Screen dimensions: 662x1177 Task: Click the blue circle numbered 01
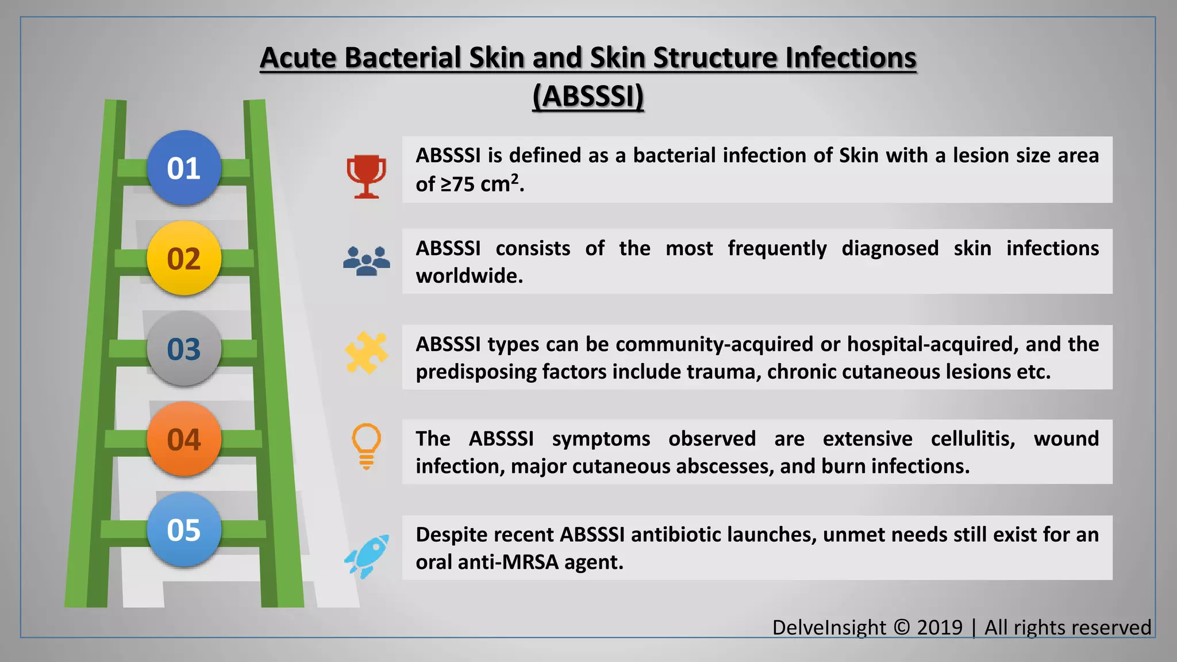click(184, 168)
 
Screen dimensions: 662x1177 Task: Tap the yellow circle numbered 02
click(184, 259)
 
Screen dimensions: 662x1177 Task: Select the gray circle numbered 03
click(184, 349)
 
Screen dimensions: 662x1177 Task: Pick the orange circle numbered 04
click(184, 440)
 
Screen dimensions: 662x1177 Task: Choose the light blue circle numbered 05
click(184, 530)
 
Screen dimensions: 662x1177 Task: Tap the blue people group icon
click(366, 261)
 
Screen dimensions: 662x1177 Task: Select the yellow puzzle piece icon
click(366, 353)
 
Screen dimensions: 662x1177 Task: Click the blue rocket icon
click(367, 556)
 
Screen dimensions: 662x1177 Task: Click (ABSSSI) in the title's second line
click(588, 96)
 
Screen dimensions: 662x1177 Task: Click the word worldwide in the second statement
click(469, 276)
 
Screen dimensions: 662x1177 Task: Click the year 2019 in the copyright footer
click(939, 628)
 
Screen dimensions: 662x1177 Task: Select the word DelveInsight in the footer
click(829, 628)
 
